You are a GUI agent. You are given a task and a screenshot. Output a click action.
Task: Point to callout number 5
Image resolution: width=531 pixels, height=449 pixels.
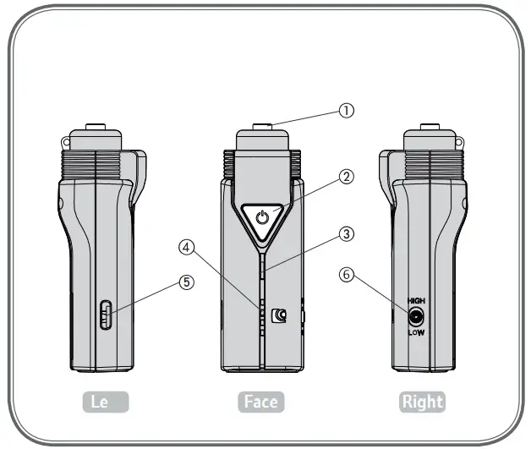pyautogui.click(x=186, y=282)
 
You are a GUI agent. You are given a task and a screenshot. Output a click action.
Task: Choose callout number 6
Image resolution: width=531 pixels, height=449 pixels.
pyautogui.click(x=345, y=274)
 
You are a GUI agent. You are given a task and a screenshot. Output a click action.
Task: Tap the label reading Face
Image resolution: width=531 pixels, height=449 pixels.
pyautogui.click(x=260, y=402)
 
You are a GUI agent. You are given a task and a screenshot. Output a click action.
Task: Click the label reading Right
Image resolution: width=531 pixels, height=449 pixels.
pyautogui.click(x=422, y=402)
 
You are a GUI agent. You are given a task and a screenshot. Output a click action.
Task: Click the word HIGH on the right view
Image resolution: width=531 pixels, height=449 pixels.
pyautogui.click(x=416, y=301)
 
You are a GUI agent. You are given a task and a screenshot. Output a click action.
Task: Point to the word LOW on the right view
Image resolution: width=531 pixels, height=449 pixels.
pyautogui.click(x=416, y=333)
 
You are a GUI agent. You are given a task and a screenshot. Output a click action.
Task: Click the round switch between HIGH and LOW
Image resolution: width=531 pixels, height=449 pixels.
pyautogui.click(x=416, y=317)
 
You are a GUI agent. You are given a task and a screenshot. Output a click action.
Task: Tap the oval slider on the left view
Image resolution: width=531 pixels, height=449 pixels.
pyautogui.click(x=105, y=316)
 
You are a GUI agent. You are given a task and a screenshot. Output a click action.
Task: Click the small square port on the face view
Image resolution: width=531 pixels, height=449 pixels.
pyautogui.click(x=282, y=316)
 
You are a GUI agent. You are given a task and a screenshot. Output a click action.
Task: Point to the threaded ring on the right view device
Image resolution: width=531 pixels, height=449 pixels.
pyautogui.click(x=431, y=160)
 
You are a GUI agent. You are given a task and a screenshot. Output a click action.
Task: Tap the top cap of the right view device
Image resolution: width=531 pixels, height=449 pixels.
pyautogui.click(x=431, y=138)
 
